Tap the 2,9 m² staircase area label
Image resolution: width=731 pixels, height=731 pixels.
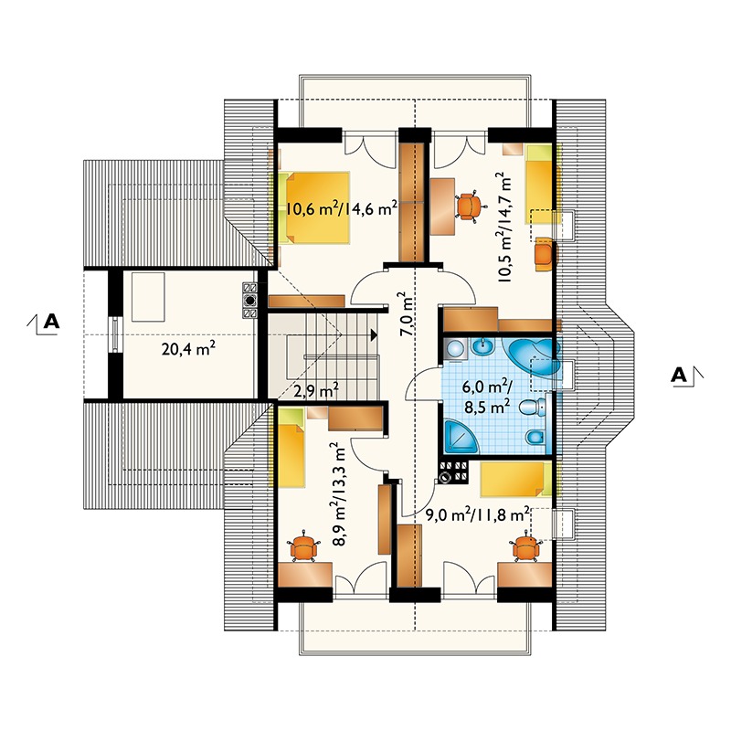(316, 391)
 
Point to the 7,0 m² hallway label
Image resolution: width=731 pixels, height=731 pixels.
(406, 314)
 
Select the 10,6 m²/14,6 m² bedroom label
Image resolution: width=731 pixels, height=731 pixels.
(341, 208)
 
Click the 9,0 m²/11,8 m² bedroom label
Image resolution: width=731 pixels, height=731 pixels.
(478, 514)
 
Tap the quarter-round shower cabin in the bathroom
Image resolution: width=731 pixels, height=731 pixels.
(461, 437)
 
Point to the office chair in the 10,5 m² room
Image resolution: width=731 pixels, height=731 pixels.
(469, 207)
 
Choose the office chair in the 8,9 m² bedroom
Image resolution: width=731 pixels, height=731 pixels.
(303, 546)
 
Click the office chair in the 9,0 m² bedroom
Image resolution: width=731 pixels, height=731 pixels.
(526, 546)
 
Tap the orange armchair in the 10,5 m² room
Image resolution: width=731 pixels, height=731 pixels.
(546, 254)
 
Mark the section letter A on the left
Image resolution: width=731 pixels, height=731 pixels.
(51, 322)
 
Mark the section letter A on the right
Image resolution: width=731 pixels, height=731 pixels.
(679, 375)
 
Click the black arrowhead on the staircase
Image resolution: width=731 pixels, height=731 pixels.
(374, 334)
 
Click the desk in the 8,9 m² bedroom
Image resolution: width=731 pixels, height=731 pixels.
(305, 575)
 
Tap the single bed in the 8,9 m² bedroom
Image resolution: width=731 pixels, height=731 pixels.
(291, 447)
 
